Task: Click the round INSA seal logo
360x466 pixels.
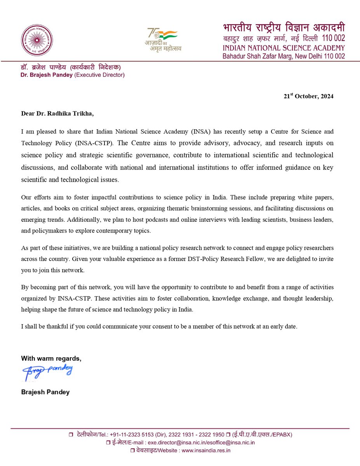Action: click(x=37, y=40)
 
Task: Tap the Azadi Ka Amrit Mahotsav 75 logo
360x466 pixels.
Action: click(x=162, y=40)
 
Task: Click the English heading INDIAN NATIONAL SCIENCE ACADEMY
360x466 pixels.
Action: click(x=283, y=48)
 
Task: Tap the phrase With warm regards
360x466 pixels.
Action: click(x=51, y=358)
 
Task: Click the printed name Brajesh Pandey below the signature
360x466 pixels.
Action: click(x=45, y=392)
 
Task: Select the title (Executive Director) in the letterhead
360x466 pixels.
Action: click(x=99, y=75)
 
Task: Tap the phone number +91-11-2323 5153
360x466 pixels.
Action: click(x=127, y=435)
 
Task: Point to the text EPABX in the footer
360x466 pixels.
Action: click(x=279, y=435)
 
